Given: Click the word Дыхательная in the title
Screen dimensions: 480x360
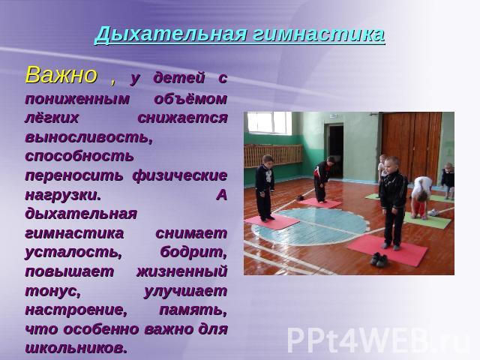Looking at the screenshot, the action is point(170,34).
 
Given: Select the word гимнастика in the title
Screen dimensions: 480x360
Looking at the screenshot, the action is point(319,34).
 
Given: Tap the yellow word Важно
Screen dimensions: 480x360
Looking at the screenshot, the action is point(61,75).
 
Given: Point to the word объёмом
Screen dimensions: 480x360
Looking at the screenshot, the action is point(190,98).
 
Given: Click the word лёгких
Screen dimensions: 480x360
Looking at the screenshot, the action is point(52,118).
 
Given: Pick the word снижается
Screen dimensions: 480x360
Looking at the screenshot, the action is point(182,118).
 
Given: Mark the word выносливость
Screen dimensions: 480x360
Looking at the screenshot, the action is point(88,137).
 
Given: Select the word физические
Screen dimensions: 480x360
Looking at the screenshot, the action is point(180,175).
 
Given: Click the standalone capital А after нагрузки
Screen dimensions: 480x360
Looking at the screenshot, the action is point(222,195).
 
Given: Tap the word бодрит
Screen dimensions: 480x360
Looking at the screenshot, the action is point(193,252).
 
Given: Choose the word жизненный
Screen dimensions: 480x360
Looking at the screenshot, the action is point(181,271).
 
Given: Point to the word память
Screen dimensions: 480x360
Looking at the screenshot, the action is point(193,310).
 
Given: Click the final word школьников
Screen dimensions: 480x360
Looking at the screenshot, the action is point(76,348).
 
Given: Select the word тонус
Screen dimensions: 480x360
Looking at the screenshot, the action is point(53,291).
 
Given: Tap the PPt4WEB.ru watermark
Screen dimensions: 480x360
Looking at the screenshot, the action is point(379,340).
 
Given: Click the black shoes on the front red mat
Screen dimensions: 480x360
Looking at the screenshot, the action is point(379,260).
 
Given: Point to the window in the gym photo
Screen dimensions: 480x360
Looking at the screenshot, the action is point(269,123).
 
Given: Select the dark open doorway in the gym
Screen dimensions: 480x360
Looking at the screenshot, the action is point(336,151).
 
